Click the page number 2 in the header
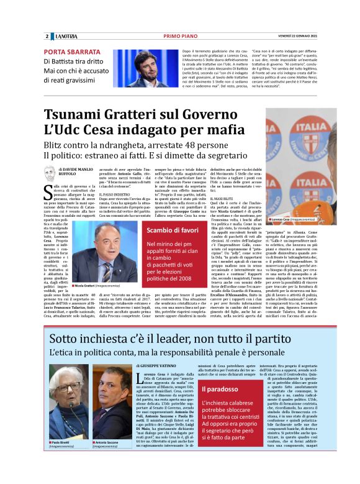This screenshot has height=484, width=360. coord(47,36)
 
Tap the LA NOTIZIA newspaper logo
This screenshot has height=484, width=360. coord(64,36)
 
